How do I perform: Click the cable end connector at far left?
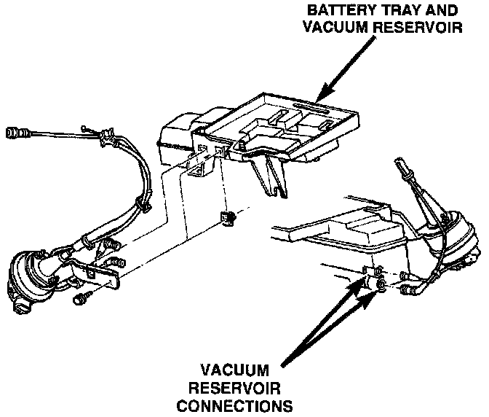coord(14,133)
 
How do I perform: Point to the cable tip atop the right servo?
coord(400,163)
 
